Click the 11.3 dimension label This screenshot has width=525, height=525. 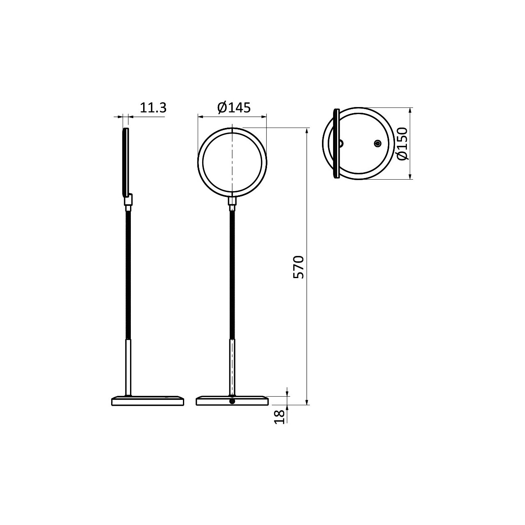pyautogui.click(x=153, y=108)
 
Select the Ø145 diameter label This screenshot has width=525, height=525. pyautogui.click(x=234, y=108)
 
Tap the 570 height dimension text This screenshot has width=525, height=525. pyautogui.click(x=298, y=267)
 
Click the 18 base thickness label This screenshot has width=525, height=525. pyautogui.click(x=280, y=417)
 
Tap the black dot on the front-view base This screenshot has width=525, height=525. pyautogui.click(x=232, y=401)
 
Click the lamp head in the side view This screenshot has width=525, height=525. pyautogui.click(x=126, y=162)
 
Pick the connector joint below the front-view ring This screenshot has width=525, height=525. pyautogui.click(x=232, y=202)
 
